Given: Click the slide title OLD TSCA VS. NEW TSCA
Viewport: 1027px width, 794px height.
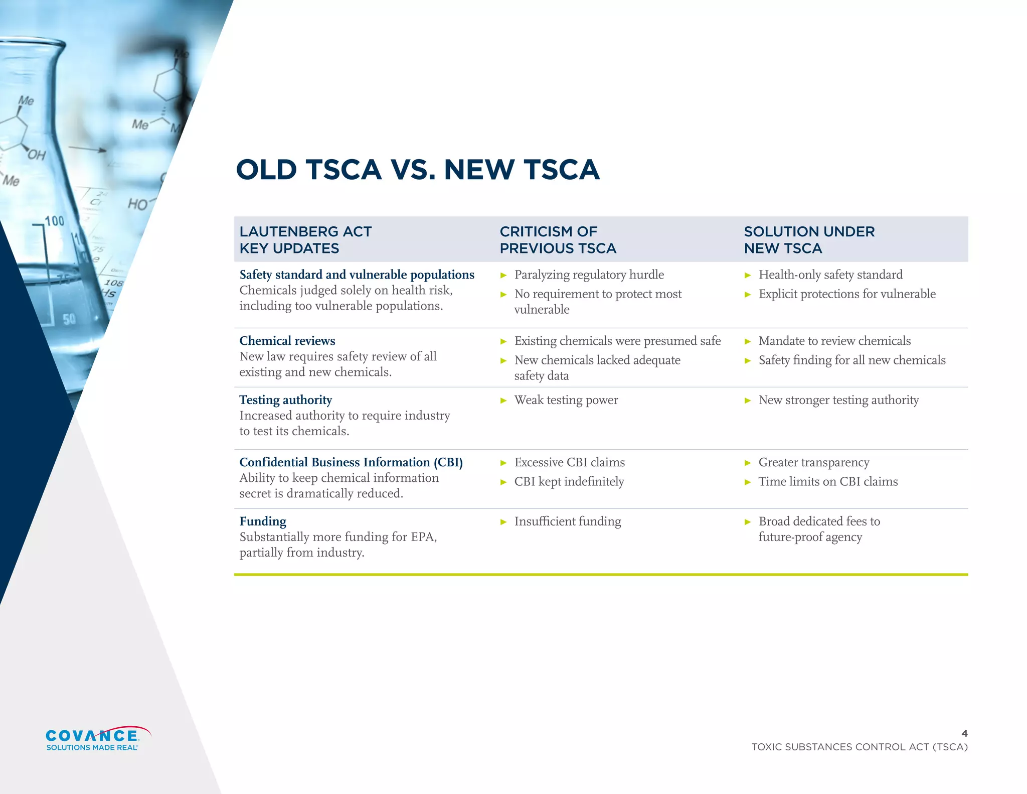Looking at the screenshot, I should pos(418,170).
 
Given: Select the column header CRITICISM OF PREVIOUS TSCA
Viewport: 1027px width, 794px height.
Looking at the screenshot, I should pos(558,240).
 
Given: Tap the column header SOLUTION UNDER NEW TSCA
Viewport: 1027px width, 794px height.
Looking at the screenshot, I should pos(809,240).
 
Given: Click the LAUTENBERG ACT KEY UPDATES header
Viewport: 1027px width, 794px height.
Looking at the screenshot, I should pos(305,240).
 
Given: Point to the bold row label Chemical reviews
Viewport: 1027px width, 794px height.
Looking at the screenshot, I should pos(287,341).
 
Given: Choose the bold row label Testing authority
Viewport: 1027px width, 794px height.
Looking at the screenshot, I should pos(285,400).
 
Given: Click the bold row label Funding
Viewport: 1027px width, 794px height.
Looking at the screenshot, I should pos(263,521).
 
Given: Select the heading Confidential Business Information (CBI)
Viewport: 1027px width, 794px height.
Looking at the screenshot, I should pos(351,462).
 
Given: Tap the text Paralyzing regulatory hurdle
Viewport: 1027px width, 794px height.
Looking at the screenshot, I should pos(589,275).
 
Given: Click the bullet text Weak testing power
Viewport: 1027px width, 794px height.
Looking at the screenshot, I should pos(566,400).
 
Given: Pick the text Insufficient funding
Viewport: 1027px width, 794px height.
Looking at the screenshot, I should pos(567,521).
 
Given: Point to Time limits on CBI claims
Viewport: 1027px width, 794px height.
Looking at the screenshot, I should pos(828,482).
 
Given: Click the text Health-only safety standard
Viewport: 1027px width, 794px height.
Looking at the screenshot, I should pos(830,275).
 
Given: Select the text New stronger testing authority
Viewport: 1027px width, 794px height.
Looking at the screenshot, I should pos(838,400).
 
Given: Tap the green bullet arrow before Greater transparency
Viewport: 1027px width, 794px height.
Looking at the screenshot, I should pos(748,463).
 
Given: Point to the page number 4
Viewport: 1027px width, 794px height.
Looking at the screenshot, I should pos(964,733).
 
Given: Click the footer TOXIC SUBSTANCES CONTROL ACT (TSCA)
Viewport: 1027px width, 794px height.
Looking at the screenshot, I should pos(860,747).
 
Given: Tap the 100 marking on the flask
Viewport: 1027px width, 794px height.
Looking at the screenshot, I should pos(54,221).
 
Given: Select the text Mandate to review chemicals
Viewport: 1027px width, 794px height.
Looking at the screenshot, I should pos(834,341).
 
